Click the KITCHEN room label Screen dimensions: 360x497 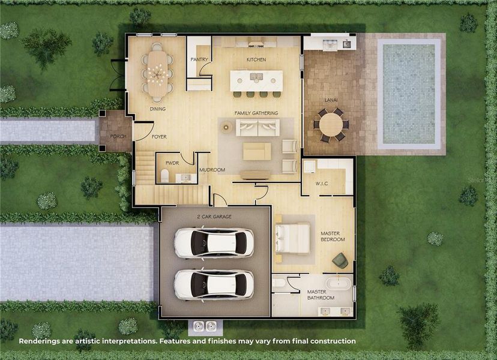[256, 60]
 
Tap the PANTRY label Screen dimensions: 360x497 [199, 60]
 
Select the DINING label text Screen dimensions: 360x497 [158, 109]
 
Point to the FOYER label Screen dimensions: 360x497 [159, 137]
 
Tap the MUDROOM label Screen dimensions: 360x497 [212, 170]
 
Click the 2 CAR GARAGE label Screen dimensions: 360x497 [214, 217]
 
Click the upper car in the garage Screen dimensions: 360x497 [214, 243]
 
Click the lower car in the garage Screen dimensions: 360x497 [214, 283]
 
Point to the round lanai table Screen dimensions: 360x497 [330, 125]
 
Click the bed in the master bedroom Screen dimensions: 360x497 [294, 238]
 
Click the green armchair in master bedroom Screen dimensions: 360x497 [340, 260]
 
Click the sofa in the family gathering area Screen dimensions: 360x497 [258, 127]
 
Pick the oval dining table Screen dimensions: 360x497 [158, 73]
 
